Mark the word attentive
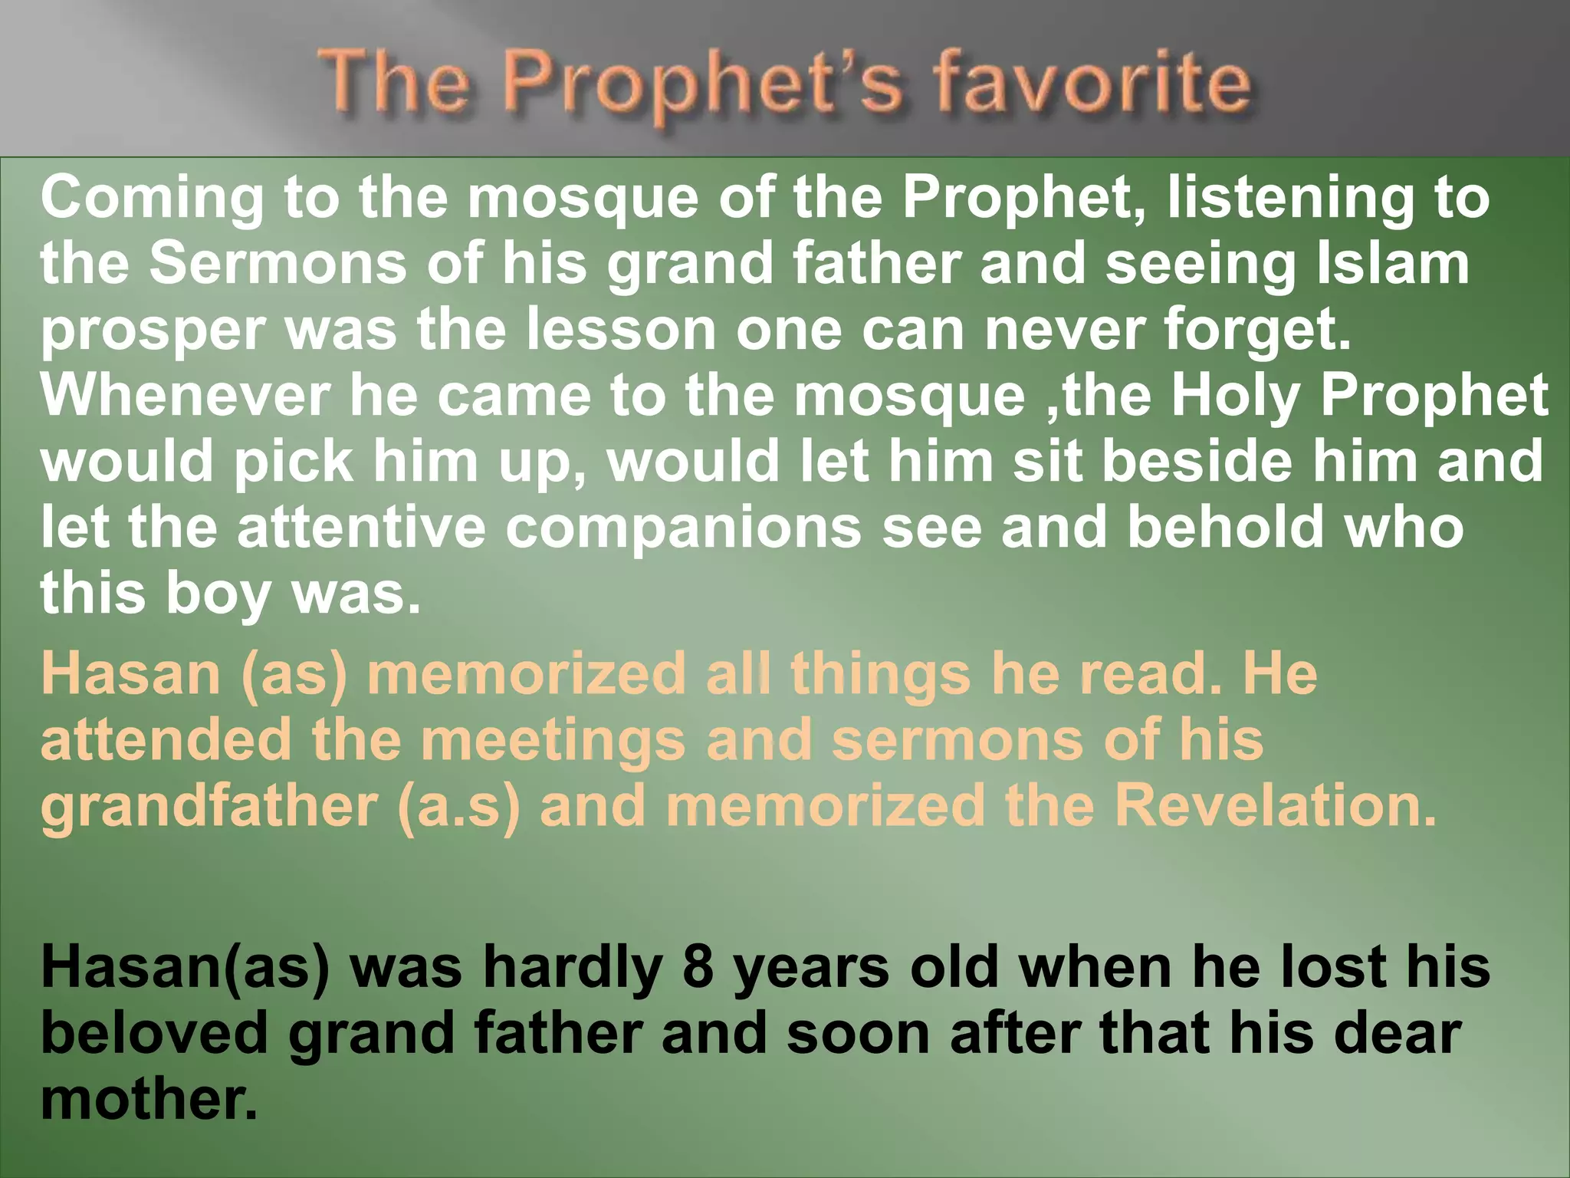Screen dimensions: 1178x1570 [x=361, y=527]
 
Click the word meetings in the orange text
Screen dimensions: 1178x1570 [x=553, y=740]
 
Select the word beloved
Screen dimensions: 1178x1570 [x=154, y=1032]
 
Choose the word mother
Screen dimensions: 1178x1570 [x=149, y=1098]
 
